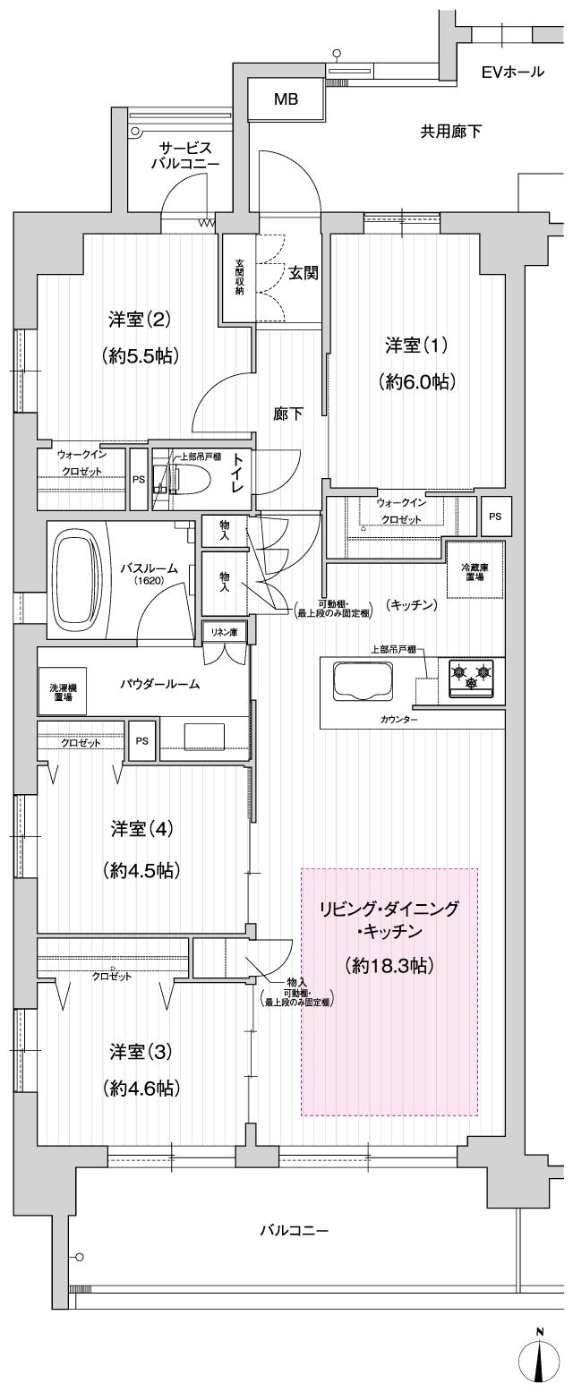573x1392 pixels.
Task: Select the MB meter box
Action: point(286,99)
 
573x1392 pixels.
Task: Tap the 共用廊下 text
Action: point(451,132)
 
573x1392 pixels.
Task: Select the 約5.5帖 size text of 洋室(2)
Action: point(139,355)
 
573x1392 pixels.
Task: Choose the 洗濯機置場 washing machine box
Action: point(62,692)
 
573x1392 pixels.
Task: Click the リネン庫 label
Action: point(222,632)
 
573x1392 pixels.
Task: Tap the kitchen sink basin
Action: point(363,681)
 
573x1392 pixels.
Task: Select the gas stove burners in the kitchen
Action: point(471,675)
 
